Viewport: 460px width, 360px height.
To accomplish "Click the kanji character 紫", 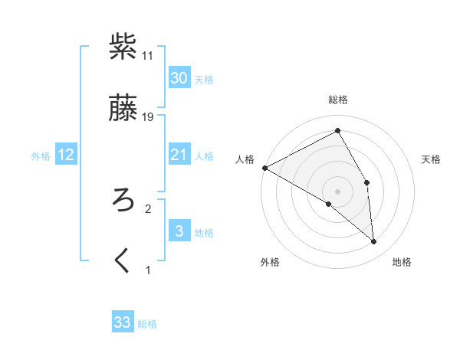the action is tap(123, 47).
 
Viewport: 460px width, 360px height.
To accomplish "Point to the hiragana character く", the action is tap(123, 261).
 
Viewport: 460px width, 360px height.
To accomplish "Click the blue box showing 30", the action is tap(179, 78).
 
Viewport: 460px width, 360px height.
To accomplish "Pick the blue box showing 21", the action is tap(179, 155).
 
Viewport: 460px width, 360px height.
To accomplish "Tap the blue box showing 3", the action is tap(179, 231).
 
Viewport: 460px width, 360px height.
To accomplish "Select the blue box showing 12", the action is tap(66, 155).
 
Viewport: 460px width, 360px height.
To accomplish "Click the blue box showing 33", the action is tap(123, 322).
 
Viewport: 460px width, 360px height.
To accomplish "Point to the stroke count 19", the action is tap(149, 117).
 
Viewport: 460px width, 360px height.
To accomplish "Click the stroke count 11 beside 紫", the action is tap(148, 56).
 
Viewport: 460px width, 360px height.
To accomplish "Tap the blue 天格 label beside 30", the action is tap(204, 80).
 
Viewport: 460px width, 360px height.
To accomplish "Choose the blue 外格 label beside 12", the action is tap(41, 156).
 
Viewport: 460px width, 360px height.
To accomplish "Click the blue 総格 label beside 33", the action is tap(147, 324).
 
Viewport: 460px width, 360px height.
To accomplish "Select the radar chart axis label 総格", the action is tap(338, 100).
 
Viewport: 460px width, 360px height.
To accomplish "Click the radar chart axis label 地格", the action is tap(402, 262).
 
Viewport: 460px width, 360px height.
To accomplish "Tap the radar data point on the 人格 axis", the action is tap(264, 168).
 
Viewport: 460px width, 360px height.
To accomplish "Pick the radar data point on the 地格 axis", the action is tap(374, 242).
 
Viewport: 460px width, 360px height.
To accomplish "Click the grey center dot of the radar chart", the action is tap(338, 191).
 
